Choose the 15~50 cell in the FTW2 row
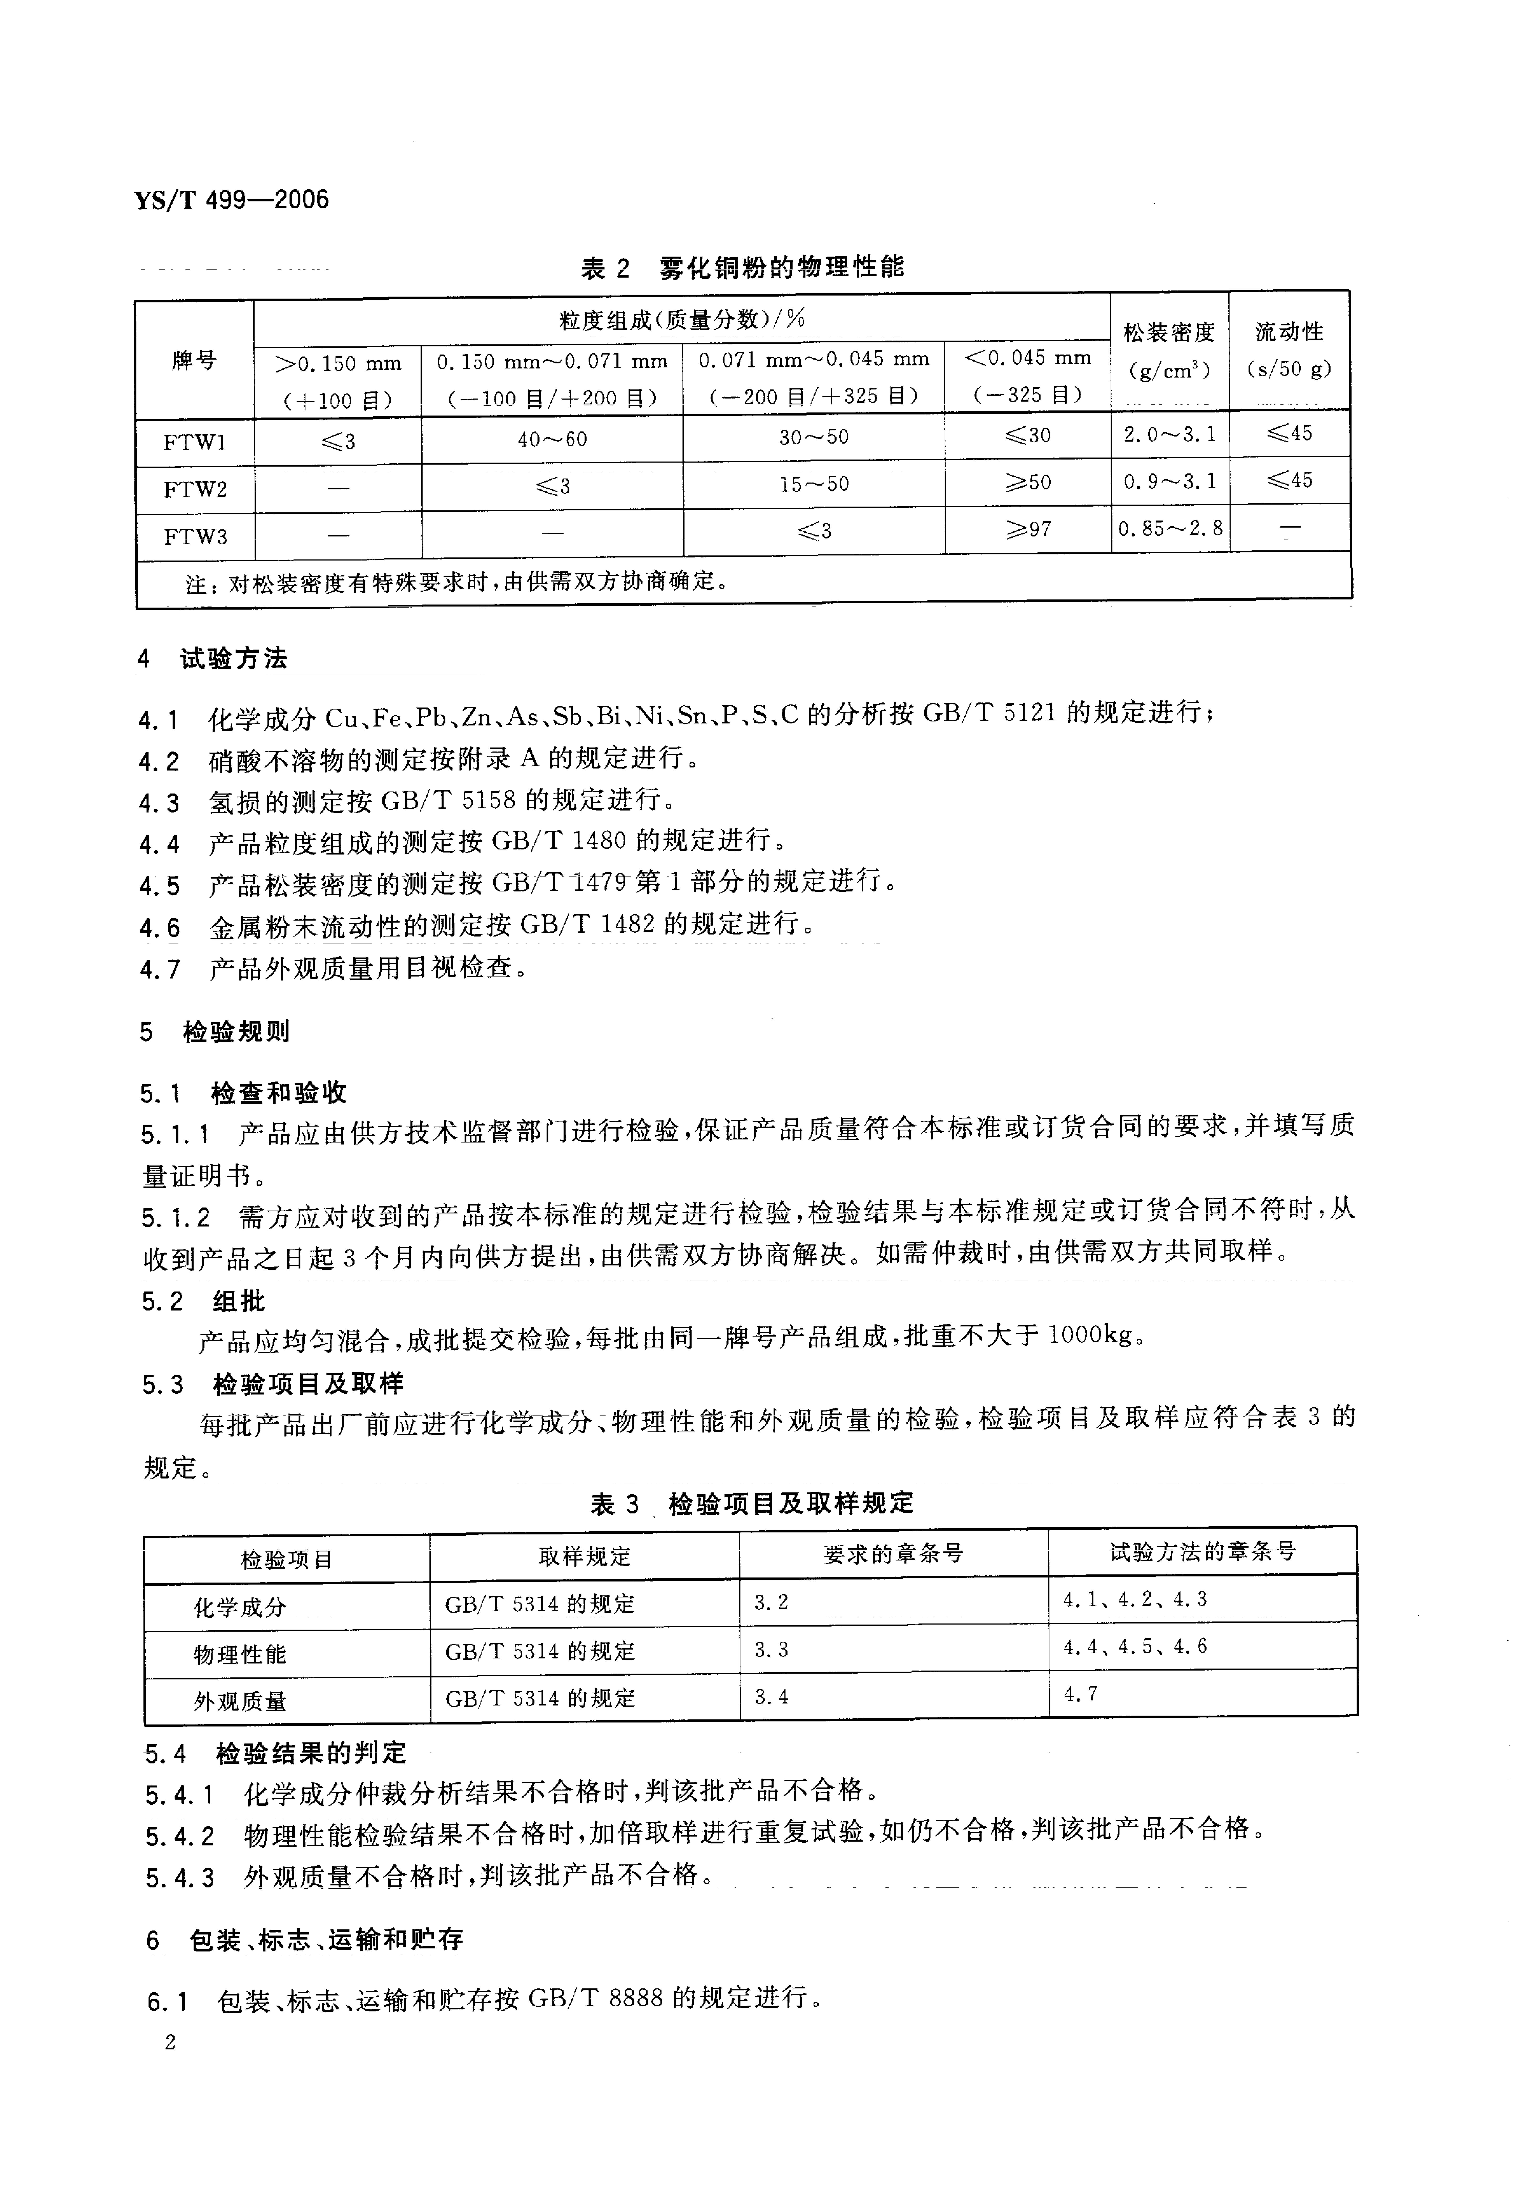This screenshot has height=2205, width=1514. tap(814, 484)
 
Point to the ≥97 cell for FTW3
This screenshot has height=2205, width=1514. tap(1028, 529)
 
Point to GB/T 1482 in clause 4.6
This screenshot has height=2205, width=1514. tap(588, 924)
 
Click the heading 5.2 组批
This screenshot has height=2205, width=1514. tap(203, 1302)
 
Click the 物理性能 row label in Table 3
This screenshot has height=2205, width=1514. tap(240, 1655)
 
